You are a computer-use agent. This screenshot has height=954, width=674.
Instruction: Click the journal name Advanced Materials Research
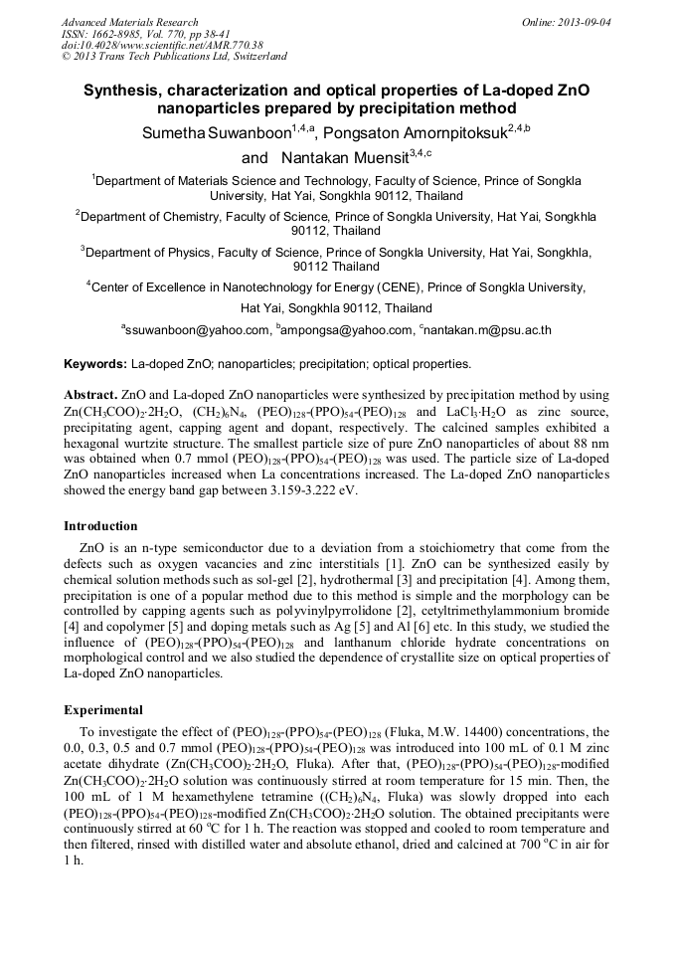(x=129, y=22)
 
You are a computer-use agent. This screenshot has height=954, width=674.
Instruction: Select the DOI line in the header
(x=162, y=46)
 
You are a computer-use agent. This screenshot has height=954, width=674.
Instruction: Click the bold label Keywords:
(x=94, y=364)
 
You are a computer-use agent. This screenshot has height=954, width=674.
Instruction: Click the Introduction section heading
(x=100, y=526)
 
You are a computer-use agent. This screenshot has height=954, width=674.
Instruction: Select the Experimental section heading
(x=102, y=711)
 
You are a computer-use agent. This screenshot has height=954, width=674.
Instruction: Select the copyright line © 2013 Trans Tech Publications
(x=174, y=58)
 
